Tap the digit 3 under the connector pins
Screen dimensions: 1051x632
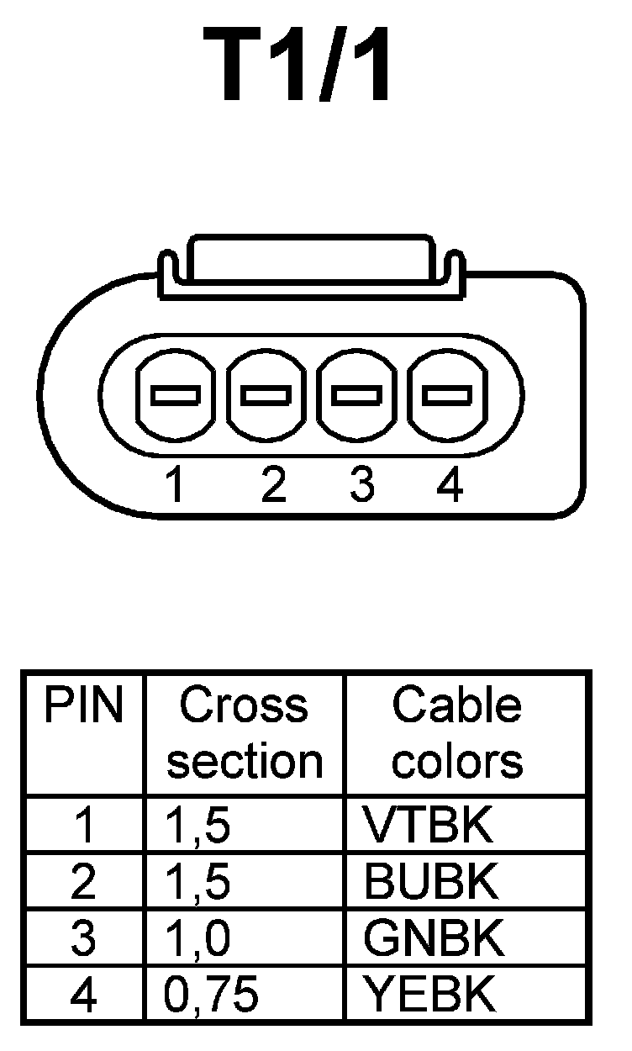click(361, 486)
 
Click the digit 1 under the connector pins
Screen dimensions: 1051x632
click(175, 486)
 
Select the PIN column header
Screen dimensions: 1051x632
click(83, 706)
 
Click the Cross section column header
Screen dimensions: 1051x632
click(245, 733)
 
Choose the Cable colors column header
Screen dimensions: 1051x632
click(457, 733)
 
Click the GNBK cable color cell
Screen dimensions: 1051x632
click(434, 938)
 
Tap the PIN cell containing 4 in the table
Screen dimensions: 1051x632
click(83, 995)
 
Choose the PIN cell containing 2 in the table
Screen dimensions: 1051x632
click(83, 882)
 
